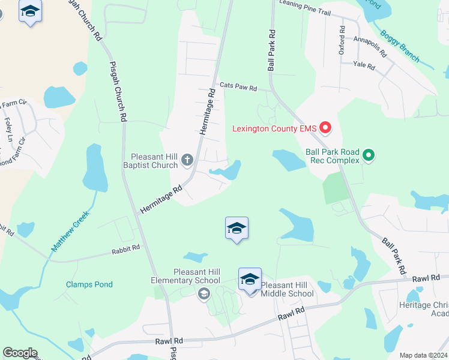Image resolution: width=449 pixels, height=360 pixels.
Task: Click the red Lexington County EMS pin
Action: click(x=325, y=127)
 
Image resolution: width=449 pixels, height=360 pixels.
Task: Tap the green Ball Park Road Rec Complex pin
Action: click(x=369, y=156)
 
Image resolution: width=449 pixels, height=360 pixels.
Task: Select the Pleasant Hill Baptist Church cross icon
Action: click(x=187, y=160)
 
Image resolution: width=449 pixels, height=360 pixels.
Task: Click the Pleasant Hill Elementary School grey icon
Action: click(x=203, y=293)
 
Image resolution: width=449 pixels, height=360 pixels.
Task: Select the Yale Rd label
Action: click(x=364, y=65)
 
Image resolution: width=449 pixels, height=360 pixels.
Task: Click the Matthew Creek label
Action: click(x=70, y=230)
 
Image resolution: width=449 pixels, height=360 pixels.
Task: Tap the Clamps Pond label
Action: click(x=89, y=284)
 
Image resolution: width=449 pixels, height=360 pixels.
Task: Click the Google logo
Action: click(x=20, y=353)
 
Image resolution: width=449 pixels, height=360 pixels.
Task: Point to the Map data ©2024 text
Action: click(x=423, y=355)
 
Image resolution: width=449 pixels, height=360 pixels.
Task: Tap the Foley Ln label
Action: click(x=8, y=129)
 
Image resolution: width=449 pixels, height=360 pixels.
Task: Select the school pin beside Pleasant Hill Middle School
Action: click(x=250, y=280)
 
